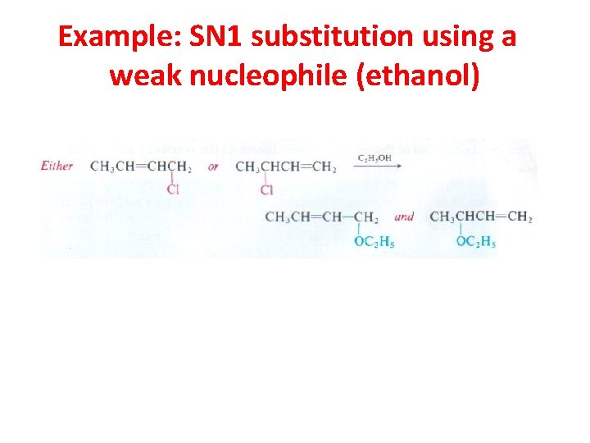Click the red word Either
coord(57,166)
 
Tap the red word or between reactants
coord(213,167)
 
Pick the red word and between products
coord(404,217)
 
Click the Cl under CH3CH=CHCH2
coord(173,190)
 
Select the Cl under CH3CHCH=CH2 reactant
coord(266,190)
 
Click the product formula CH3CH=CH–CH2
coord(322,217)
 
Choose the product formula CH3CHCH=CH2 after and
coord(481,217)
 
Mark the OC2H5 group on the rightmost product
coord(476,242)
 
